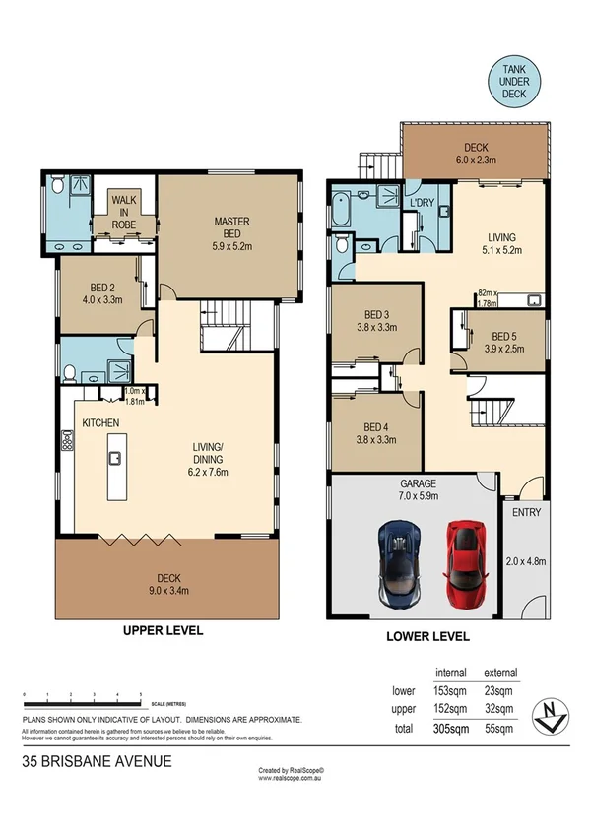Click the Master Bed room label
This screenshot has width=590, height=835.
coord(231,227)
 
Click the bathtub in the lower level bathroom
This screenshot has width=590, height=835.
coord(343,210)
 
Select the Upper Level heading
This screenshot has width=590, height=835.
coord(162,630)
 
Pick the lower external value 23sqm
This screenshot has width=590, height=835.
coord(500,690)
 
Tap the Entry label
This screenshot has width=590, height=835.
coord(519,513)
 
